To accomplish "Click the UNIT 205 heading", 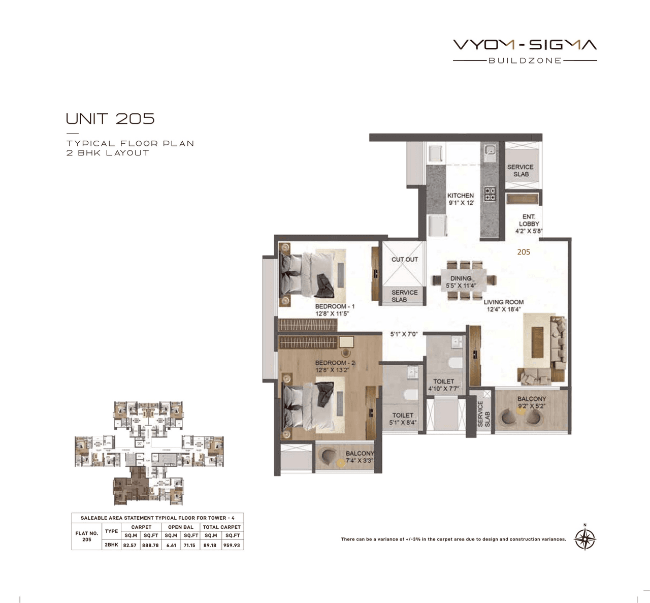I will click(x=110, y=119).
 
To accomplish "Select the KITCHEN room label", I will click(x=460, y=199).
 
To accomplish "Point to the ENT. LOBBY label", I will click(x=529, y=224).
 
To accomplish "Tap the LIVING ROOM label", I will click(x=503, y=305).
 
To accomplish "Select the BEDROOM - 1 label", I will click(x=334, y=310).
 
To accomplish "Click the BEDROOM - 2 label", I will click(x=335, y=366).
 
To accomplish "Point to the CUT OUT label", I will click(x=404, y=259).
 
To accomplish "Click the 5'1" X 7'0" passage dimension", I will click(x=404, y=334).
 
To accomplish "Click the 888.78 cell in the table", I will click(x=151, y=545).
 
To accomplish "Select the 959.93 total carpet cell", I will click(x=232, y=545).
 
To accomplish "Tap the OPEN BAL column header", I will click(x=181, y=527).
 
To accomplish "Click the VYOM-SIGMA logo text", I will click(x=525, y=45).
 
